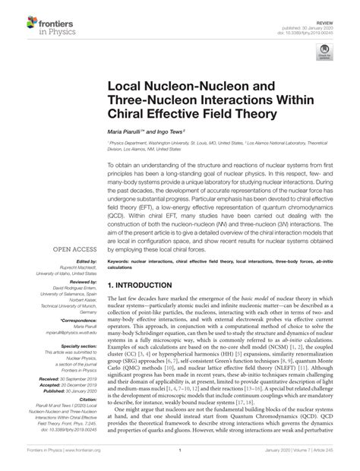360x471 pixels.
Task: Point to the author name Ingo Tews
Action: [x=180, y=132]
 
